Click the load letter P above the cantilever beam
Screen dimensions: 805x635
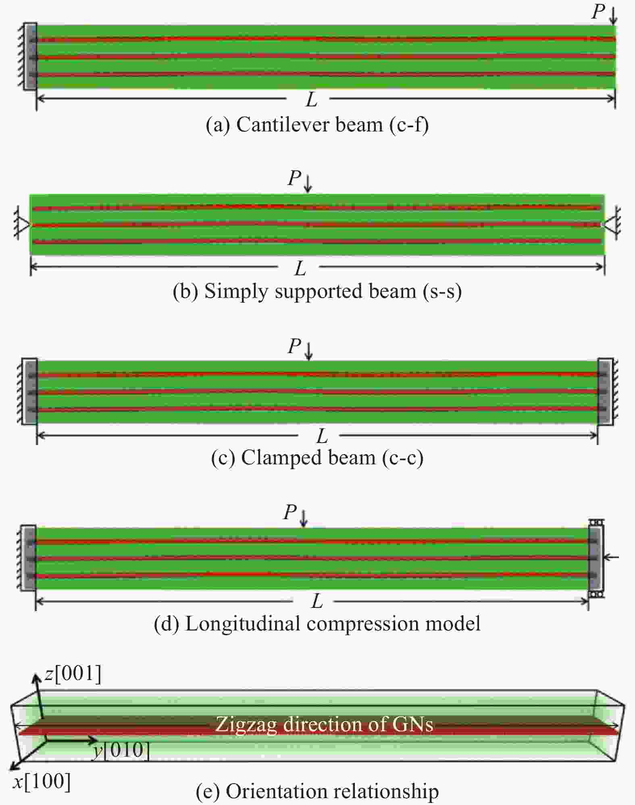click(x=598, y=12)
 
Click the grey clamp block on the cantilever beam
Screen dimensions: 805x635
click(x=30, y=56)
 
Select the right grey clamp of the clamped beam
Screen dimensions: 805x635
click(x=605, y=391)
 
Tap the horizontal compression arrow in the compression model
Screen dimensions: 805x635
click(x=611, y=557)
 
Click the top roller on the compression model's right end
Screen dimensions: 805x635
click(x=596, y=522)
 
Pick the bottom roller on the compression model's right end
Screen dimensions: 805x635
click(x=596, y=594)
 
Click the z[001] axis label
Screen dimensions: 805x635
click(x=73, y=674)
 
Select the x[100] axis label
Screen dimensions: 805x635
click(x=42, y=782)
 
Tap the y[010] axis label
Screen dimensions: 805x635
click(x=120, y=751)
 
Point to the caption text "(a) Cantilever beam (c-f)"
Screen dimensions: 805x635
click(x=317, y=125)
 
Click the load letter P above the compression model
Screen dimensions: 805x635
click(x=290, y=512)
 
